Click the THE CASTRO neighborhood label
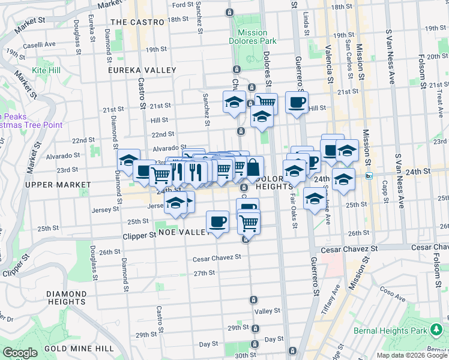pyautogui.click(x=137, y=22)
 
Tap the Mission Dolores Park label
pyautogui.click(x=256, y=37)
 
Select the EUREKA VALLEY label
pyautogui.click(x=140, y=70)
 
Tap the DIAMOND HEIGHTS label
pyautogui.click(x=65, y=298)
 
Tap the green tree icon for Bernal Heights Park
pyautogui.click(x=436, y=330)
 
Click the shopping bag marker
pyautogui.click(x=253, y=166)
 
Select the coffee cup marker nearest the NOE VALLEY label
pyautogui.click(x=217, y=221)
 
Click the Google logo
pyautogui.click(x=20, y=353)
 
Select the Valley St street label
pyautogui.click(x=268, y=311)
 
